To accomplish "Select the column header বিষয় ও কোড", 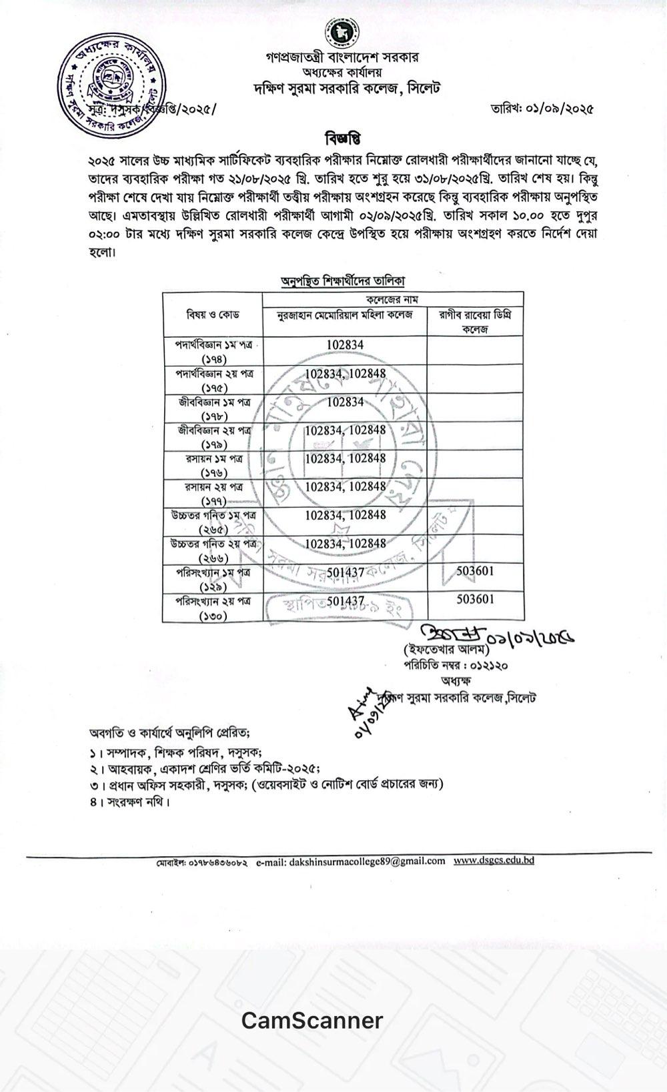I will (x=213, y=314).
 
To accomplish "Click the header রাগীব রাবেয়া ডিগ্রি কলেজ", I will (x=475, y=321).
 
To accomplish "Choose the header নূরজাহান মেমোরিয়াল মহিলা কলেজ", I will (x=346, y=314).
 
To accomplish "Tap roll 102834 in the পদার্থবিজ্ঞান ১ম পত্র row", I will (x=346, y=345).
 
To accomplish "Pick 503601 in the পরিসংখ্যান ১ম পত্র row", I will (x=476, y=571).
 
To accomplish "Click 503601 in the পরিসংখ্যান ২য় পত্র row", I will (x=476, y=600).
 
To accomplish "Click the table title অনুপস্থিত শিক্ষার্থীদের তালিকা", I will (x=343, y=282).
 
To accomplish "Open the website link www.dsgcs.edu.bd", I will (x=494, y=860).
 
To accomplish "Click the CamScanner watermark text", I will (x=312, y=1020).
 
